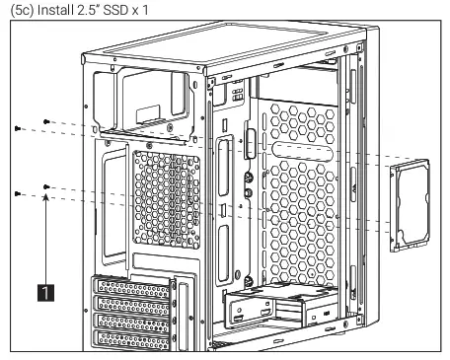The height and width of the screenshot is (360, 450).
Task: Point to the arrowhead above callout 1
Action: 46,197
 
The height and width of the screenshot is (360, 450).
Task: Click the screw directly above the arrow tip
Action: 46,184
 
